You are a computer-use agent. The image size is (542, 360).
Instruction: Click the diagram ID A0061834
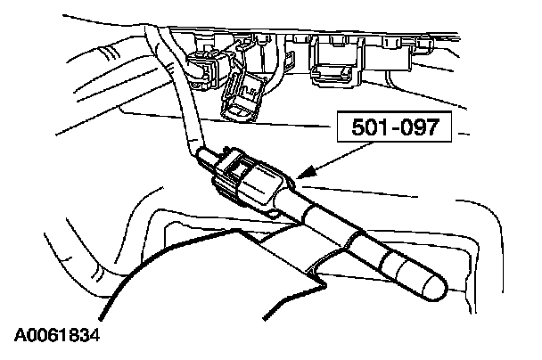click(56, 337)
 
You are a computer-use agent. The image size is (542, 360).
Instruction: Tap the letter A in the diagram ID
click(21, 337)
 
